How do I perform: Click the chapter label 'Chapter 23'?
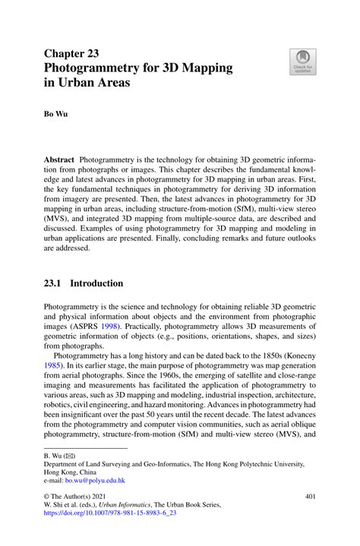tap(75, 53)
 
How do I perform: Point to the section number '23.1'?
tap(55, 283)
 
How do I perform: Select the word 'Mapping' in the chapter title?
tap(207, 68)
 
